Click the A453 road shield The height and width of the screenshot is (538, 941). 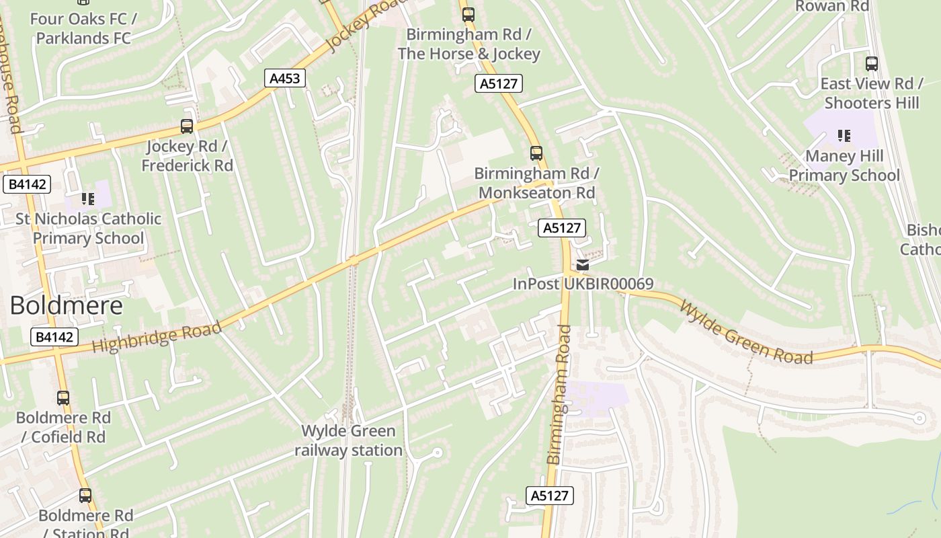pyautogui.click(x=284, y=79)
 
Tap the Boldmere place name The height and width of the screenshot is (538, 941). pyautogui.click(x=67, y=306)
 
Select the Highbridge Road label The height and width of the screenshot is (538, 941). pyautogui.click(x=157, y=337)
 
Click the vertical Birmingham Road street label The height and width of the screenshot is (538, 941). pyautogui.click(x=559, y=394)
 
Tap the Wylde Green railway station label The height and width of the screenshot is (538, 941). pyautogui.click(x=348, y=440)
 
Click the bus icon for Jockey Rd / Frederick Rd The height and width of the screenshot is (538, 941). pyautogui.click(x=187, y=126)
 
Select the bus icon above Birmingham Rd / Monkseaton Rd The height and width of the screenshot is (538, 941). pyautogui.click(x=536, y=153)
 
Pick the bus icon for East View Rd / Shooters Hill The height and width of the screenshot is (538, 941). pyautogui.click(x=872, y=64)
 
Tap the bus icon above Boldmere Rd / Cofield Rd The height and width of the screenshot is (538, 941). pyautogui.click(x=63, y=397)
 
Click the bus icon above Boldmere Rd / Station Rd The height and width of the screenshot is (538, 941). pyautogui.click(x=85, y=496)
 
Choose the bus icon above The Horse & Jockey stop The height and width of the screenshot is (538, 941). pyautogui.click(x=468, y=14)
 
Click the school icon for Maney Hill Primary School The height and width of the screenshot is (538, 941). pyautogui.click(x=844, y=137)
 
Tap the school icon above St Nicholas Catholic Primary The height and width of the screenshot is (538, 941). pyautogui.click(x=88, y=198)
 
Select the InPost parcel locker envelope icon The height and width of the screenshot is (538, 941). pyautogui.click(x=583, y=265)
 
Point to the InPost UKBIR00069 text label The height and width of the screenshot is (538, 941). pyautogui.click(x=583, y=284)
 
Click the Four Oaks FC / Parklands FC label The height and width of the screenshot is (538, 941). pyautogui.click(x=83, y=28)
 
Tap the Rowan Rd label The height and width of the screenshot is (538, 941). pyautogui.click(x=832, y=6)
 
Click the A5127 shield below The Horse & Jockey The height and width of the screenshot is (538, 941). pyautogui.click(x=498, y=83)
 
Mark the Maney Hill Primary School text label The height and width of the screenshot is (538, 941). pyautogui.click(x=844, y=165)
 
